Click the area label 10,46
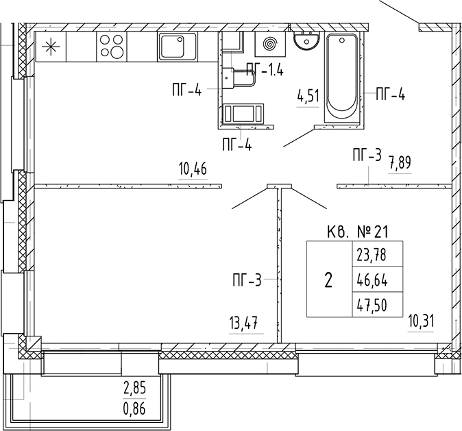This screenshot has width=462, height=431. coord(192,168)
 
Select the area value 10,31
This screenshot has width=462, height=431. coord(422,320)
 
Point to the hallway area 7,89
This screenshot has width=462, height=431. coord(400,164)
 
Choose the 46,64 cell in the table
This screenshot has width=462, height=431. coord(371,280)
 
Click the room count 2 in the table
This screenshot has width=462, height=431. coord(328,280)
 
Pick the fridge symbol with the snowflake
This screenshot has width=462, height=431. coord(50,47)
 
